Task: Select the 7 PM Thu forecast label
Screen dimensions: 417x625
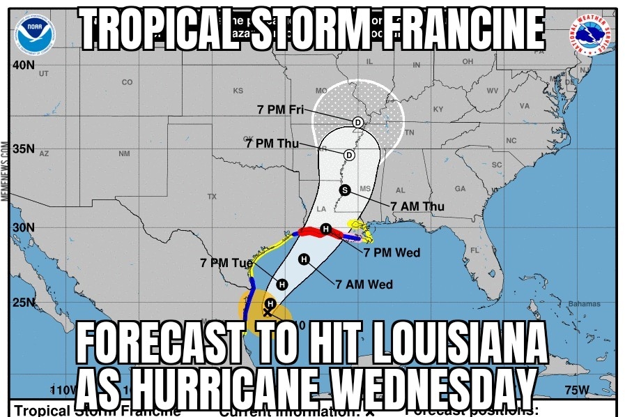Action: (x=272, y=144)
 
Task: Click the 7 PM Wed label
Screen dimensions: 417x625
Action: (x=392, y=252)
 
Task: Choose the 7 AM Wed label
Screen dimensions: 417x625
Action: (x=364, y=284)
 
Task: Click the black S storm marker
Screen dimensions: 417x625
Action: (x=344, y=190)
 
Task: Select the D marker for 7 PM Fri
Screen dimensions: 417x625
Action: (x=357, y=122)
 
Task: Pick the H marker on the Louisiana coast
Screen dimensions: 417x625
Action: (x=325, y=229)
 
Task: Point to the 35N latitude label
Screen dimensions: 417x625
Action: (x=24, y=149)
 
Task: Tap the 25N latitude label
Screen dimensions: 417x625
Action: (x=24, y=303)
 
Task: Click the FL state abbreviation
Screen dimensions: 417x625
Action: (x=474, y=250)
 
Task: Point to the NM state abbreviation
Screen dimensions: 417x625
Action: (x=124, y=153)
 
